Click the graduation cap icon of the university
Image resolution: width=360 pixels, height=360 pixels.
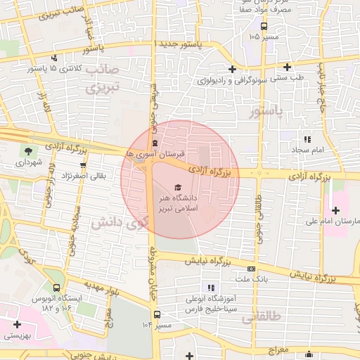pyautogui.click(x=179, y=186)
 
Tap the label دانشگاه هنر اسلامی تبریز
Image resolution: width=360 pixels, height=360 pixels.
pyautogui.click(x=179, y=203)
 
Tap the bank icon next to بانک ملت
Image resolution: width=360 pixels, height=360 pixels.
pyautogui.click(x=251, y=269)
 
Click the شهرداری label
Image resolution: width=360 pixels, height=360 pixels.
pyautogui.click(x=27, y=162)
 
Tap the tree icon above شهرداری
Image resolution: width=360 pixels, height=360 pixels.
pyautogui.click(x=27, y=150)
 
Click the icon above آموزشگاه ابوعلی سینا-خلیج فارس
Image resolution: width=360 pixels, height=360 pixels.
pyautogui.click(x=210, y=287)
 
